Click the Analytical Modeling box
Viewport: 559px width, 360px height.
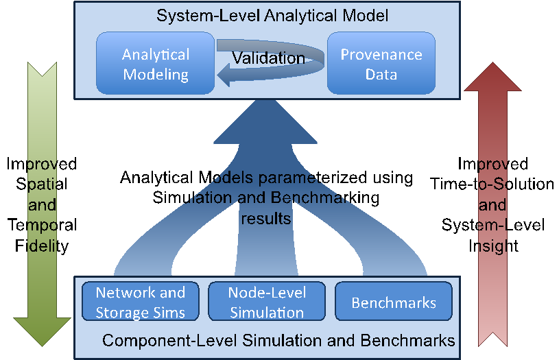[156, 63]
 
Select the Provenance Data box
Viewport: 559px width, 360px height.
[381, 63]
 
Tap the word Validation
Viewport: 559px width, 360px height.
[269, 58]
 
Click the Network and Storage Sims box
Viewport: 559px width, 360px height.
[141, 302]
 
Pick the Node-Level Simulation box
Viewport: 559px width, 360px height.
[267, 302]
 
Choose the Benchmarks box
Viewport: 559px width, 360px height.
[394, 302]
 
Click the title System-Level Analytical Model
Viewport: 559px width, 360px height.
[272, 16]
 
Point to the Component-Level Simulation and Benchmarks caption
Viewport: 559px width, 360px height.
[278, 340]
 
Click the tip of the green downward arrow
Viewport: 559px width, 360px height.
[42, 346]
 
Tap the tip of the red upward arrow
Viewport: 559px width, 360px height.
[492, 62]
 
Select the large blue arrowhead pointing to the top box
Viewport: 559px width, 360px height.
[265, 121]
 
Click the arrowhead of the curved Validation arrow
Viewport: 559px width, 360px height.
[224, 75]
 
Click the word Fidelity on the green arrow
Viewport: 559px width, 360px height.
[42, 246]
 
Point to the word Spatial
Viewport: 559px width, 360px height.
[42, 184]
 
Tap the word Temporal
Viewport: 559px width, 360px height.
[42, 226]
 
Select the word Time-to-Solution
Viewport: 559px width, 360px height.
[492, 184]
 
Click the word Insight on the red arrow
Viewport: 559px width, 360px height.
[493, 246]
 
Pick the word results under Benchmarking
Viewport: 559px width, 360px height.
[266, 218]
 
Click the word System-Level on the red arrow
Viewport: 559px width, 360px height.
[493, 226]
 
